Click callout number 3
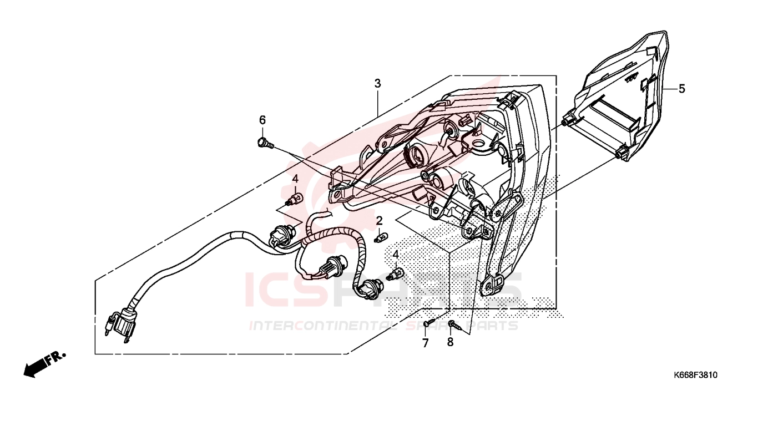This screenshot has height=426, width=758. tap(378, 83)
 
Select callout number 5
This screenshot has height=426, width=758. tap(682, 89)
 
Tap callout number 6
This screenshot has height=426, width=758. tap(262, 120)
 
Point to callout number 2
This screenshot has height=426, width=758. tap(380, 221)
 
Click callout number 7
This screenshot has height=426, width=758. tap(426, 343)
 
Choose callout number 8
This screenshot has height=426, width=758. tap(450, 342)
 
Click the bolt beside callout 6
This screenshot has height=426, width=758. tap(265, 143)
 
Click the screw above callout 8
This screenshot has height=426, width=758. tap(453, 325)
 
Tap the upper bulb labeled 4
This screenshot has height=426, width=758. tap(294, 199)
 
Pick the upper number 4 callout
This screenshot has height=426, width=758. tap(295, 179)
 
